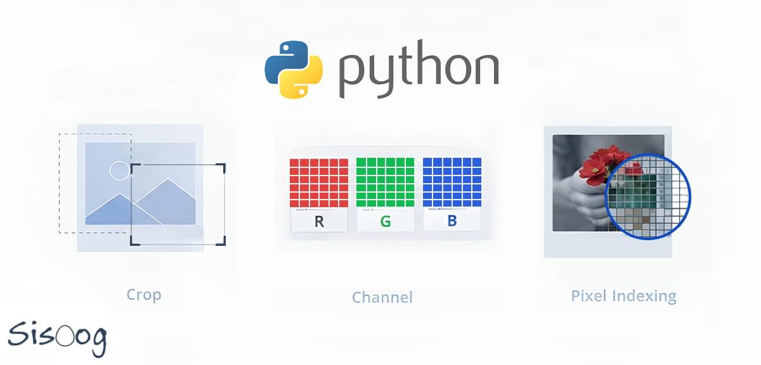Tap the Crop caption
tap(144, 295)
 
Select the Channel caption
tap(382, 297)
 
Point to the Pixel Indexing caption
tap(623, 295)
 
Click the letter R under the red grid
tap(318, 221)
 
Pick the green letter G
tap(385, 221)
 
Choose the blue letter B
tap(452, 221)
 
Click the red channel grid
tap(318, 182)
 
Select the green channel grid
tap(385, 182)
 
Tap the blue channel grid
tap(452, 182)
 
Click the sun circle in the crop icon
tap(119, 170)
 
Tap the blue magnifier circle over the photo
tap(647, 197)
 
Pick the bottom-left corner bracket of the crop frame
tap(134, 241)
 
